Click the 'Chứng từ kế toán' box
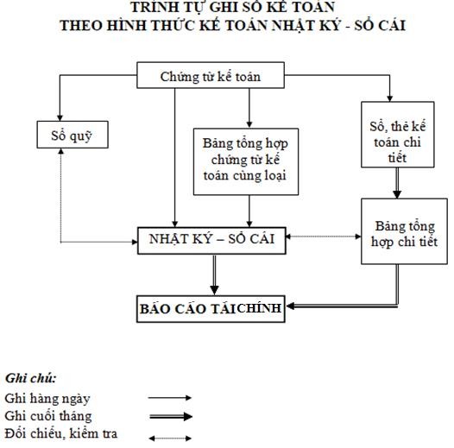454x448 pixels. tap(222, 76)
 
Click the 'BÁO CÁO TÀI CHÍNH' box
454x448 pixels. tap(211, 309)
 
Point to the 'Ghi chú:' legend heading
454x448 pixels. tap(31, 378)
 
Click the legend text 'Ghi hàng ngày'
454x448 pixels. tap(47, 398)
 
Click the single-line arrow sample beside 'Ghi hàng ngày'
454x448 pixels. tap(170, 399)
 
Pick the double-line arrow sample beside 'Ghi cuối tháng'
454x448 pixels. tap(170, 416)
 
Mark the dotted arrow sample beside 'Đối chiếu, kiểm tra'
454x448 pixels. tap(170, 438)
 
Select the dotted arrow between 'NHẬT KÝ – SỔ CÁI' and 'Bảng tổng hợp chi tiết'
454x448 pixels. tap(323, 236)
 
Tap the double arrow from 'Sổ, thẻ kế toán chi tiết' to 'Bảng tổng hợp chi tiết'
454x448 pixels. tap(397, 183)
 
